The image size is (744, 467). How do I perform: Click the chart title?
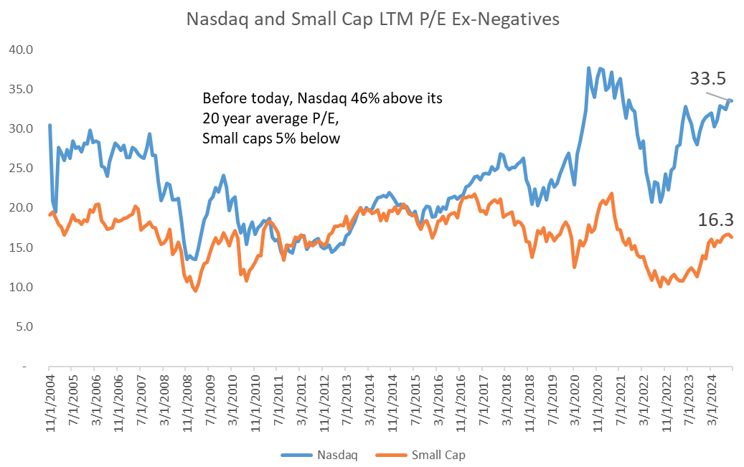(x=372, y=19)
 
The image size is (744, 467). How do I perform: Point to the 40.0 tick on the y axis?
(x=22, y=49)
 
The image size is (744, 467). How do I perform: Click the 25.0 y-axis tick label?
(x=22, y=168)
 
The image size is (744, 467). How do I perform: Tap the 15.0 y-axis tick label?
(x=22, y=247)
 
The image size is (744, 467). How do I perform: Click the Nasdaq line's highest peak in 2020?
(x=589, y=68)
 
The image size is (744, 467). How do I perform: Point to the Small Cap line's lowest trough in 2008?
(x=195, y=291)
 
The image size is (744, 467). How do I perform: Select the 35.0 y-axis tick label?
(x=22, y=89)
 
